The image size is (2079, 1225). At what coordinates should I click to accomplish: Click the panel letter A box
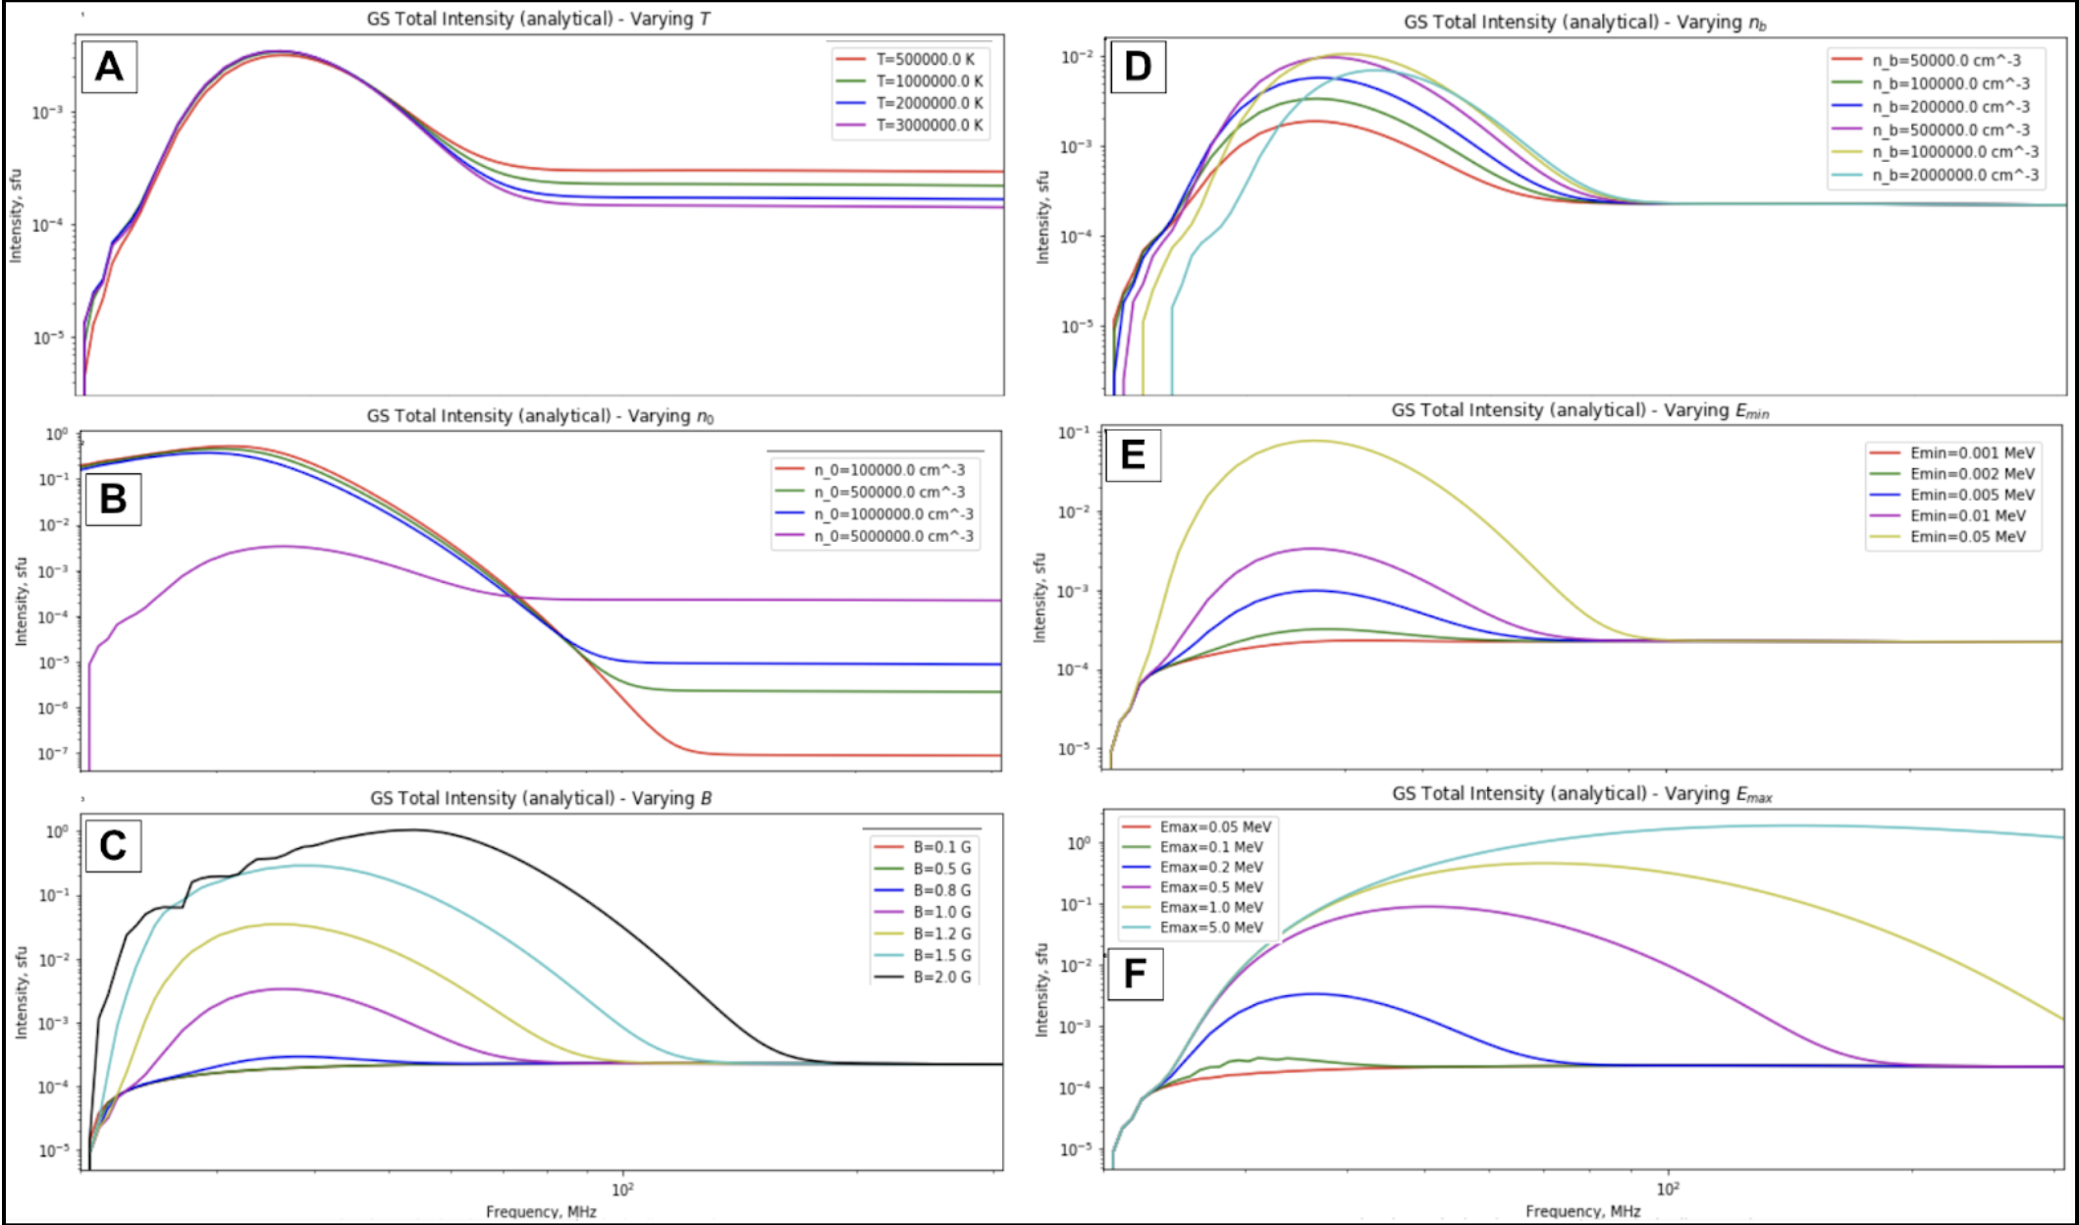click(109, 67)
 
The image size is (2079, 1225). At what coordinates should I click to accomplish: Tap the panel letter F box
click(1135, 974)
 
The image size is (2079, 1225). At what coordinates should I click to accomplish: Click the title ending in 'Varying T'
click(538, 19)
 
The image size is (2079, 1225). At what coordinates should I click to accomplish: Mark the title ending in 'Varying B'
click(541, 798)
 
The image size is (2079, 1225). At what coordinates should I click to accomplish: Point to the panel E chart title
click(1579, 410)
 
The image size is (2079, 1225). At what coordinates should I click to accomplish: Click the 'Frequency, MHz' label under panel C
click(541, 1212)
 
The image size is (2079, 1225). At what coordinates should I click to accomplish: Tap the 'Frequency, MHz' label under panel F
click(1582, 1212)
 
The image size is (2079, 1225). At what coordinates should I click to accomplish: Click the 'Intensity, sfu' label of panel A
click(16, 216)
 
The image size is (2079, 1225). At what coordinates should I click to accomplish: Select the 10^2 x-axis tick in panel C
click(622, 1190)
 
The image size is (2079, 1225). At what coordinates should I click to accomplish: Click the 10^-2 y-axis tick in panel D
click(1076, 58)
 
